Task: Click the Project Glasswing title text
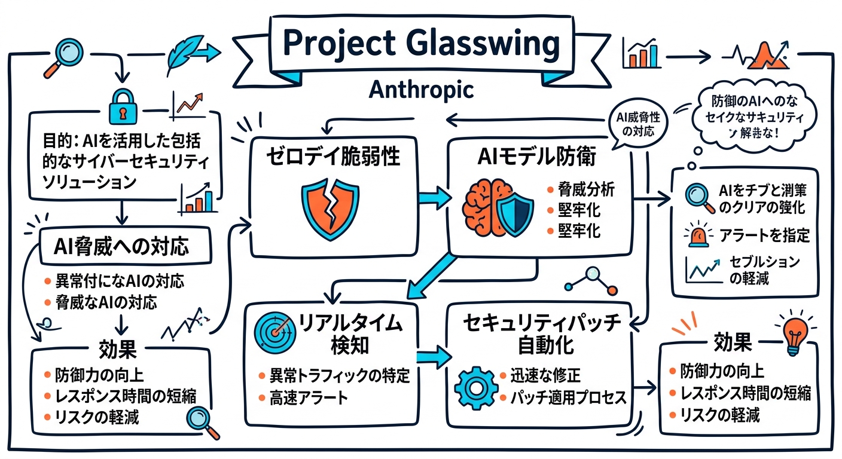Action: (420, 43)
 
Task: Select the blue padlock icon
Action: (122, 108)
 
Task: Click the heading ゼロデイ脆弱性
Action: (333, 158)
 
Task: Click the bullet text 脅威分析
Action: (586, 191)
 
